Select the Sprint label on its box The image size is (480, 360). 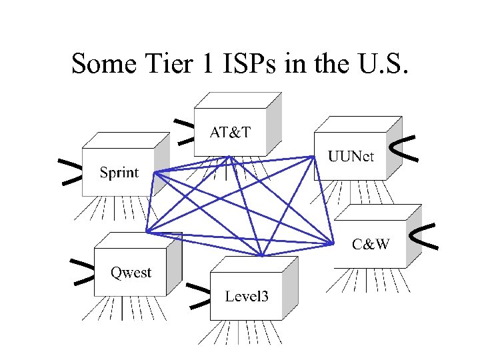point(119,173)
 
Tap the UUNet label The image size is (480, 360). point(351,157)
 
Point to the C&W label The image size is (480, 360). point(371,244)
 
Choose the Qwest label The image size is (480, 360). point(131,273)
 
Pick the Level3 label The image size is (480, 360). point(247,296)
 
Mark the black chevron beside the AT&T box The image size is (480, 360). point(185,131)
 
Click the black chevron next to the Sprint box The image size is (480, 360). point(70,171)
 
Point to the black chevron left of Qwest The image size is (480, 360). point(83,271)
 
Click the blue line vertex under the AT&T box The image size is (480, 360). point(229,157)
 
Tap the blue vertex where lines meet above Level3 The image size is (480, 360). point(263,256)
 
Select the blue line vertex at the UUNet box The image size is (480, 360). point(314,157)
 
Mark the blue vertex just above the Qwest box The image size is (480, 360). point(147,232)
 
